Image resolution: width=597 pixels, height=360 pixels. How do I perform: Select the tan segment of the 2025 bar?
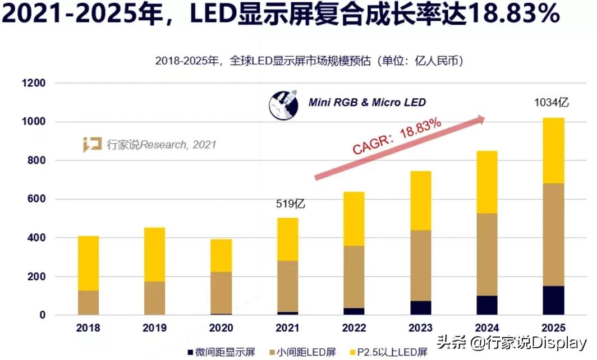tap(554, 234)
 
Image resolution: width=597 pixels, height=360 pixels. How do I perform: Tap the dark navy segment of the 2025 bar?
tap(554, 301)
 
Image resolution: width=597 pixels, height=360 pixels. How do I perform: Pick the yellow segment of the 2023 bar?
tap(421, 200)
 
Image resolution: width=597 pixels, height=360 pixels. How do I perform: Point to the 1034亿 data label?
tap(551, 103)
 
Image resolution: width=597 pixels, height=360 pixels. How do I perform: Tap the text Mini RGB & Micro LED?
tap(367, 102)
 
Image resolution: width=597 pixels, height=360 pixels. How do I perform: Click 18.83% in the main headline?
tap(514, 15)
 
